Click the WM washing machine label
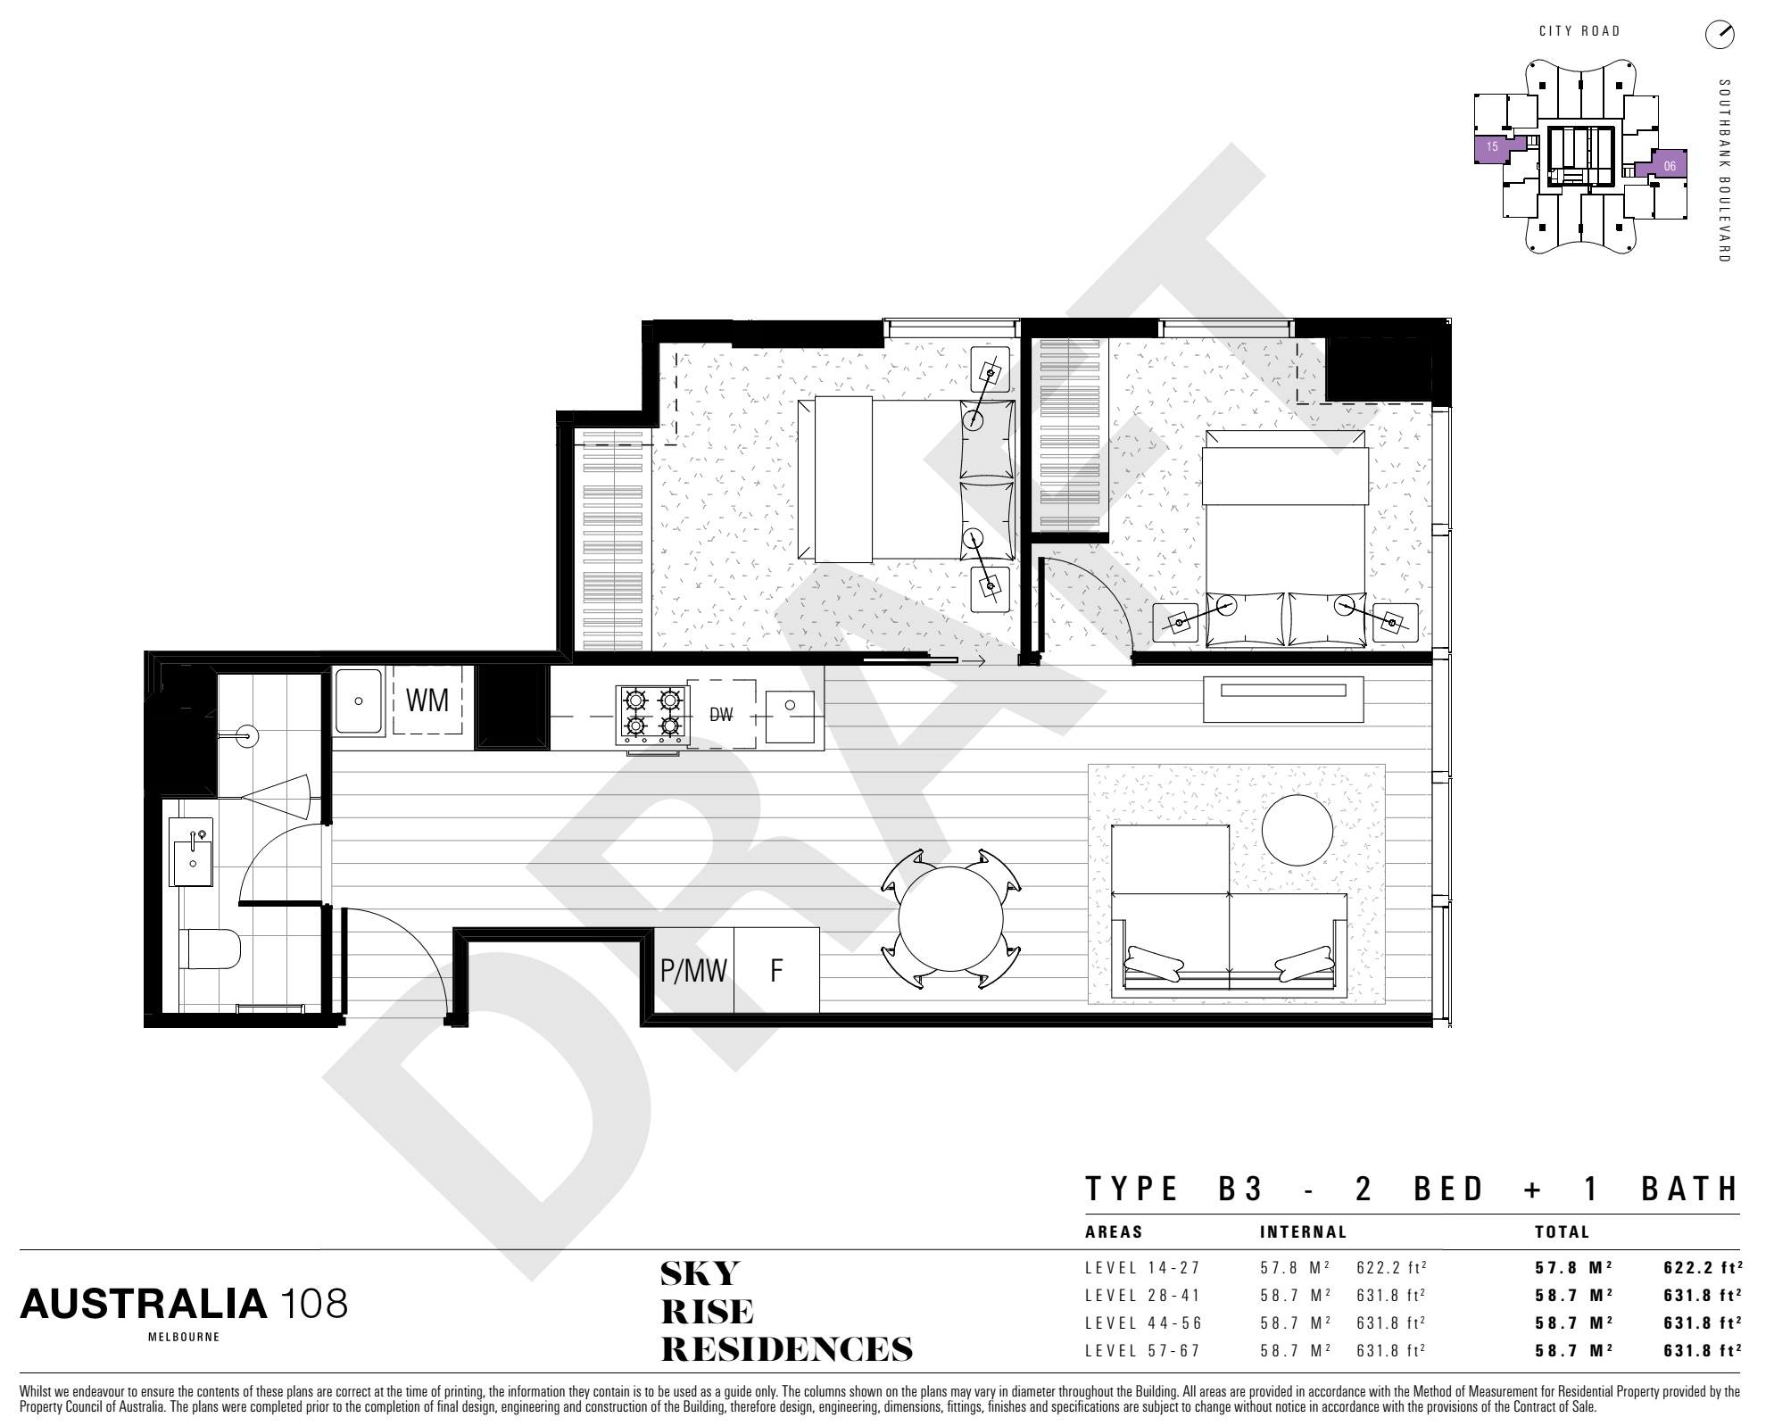[x=427, y=701]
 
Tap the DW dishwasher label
[x=721, y=715]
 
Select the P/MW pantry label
[x=693, y=971]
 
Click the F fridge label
[x=776, y=971]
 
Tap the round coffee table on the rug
[x=1298, y=830]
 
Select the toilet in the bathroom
[x=209, y=949]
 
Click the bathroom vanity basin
[x=193, y=851]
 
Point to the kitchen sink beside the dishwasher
[x=790, y=717]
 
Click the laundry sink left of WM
[x=359, y=701]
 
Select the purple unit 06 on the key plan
[x=1668, y=165]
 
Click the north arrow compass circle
[x=1719, y=35]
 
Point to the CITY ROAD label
[x=1579, y=31]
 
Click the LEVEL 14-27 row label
[x=1143, y=1268]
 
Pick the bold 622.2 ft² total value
[x=1702, y=1268]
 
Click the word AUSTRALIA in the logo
[x=144, y=1305]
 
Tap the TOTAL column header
[x=1562, y=1232]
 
